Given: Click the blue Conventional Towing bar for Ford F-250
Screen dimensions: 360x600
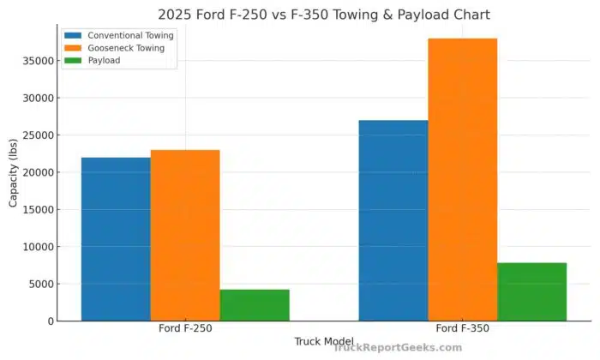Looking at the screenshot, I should coord(116,239).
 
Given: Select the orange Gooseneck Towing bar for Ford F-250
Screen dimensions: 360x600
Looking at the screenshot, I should coord(185,236).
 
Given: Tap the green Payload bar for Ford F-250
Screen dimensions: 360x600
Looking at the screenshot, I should coord(255,305).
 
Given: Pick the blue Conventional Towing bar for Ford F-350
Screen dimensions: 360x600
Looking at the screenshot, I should coord(393,220).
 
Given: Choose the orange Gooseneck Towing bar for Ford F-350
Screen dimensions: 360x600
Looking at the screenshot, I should coord(463,180).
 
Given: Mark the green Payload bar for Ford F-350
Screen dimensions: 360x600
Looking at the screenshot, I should coord(532,292).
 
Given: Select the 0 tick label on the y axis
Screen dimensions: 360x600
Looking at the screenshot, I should coord(52,321).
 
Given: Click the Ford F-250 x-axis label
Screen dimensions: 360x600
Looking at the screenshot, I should coord(185,328).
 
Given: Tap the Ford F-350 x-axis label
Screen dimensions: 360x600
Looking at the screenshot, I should coord(463,328).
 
